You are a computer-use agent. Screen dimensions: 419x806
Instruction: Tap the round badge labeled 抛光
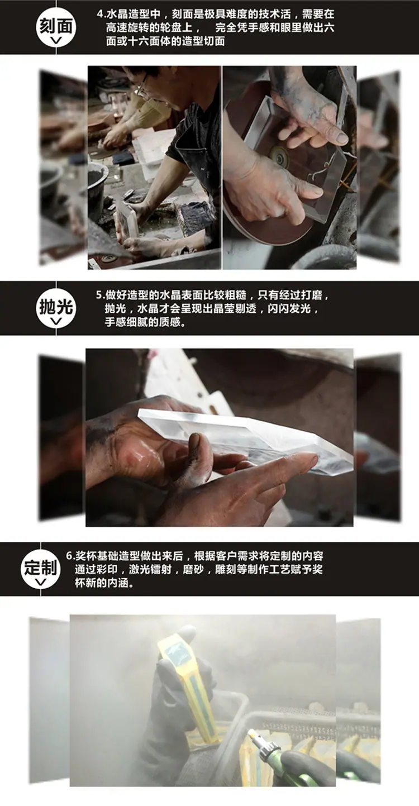point(55,308)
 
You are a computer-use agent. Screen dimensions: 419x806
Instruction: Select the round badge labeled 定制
point(40,569)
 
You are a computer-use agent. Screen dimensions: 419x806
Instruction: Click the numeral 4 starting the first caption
point(99,15)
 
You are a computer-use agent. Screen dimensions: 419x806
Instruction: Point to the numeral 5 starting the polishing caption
point(99,295)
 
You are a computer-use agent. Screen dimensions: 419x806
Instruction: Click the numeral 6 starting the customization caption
point(69,556)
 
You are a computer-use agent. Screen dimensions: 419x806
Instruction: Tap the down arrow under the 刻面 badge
point(56,41)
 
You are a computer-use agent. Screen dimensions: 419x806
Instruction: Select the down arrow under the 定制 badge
point(40,582)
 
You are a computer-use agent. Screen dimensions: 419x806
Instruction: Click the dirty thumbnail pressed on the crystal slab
point(195,440)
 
